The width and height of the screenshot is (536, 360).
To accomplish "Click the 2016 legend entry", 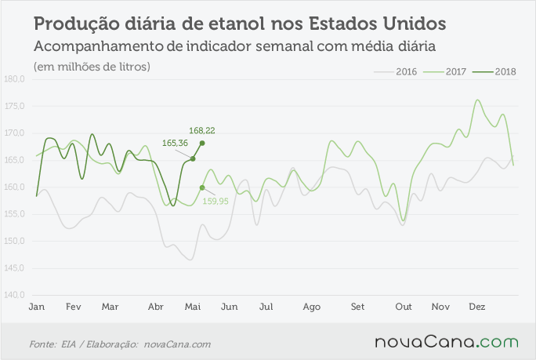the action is pos(396,71).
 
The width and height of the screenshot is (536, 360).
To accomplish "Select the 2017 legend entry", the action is pos(445,71).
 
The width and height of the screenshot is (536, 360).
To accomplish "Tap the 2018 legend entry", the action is pos(494,71).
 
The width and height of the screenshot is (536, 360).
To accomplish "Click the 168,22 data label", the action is pos(202,130).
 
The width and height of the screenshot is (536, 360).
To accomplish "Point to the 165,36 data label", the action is pos(175,143).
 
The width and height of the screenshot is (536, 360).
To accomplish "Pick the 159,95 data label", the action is pos(215,202).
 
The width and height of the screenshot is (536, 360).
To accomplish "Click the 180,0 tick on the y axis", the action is pos(14,79).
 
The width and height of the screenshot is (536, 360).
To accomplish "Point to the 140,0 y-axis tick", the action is pos(14,295).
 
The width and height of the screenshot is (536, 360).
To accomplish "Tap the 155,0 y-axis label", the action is pos(14,214).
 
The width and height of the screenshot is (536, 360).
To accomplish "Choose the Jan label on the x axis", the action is pos(37,307).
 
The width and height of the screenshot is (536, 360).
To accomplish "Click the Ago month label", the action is pos(311,307).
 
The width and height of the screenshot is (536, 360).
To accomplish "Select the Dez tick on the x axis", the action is pos(477,307).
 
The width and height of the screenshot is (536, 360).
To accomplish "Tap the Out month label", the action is pos(404,307).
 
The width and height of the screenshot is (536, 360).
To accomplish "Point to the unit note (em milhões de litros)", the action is pos(92,67).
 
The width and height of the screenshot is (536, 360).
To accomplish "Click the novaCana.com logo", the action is pos(447,342).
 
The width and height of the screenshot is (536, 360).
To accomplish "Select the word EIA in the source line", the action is pos(69,344).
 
